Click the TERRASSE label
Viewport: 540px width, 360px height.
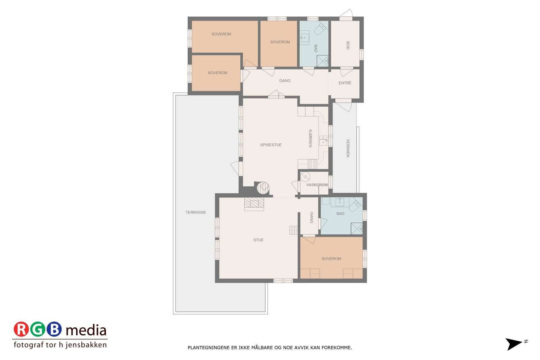pos(196,213)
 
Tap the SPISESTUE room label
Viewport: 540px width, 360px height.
pos(271,145)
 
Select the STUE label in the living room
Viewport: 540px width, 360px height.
pos(259,240)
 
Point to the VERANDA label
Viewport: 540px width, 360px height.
pos(348,148)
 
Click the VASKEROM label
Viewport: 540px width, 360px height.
pos(317,185)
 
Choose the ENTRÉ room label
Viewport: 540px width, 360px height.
pos(345,83)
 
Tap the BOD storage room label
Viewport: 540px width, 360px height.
pos(348,46)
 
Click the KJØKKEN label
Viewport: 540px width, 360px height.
pos(310,138)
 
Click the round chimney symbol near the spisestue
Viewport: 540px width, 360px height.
pos(263,188)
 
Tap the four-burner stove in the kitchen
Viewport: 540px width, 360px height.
pos(312,164)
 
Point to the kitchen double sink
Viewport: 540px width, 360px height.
pos(323,140)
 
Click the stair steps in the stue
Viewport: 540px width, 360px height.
pos(293,230)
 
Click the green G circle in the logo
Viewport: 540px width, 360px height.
pos(37,329)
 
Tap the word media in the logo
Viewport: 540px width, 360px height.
pos(86,330)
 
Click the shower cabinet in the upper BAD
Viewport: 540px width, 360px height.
pos(323,61)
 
